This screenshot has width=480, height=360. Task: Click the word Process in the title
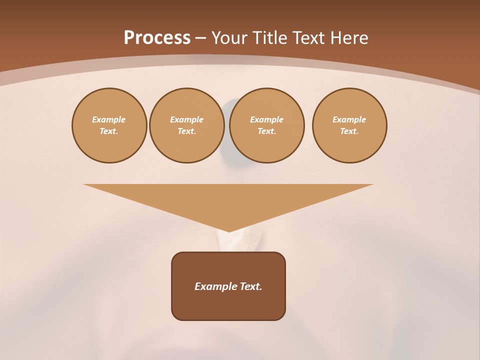pyautogui.click(x=157, y=38)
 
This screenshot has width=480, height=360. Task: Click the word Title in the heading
pyautogui.click(x=270, y=38)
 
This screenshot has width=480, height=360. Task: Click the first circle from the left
pyautogui.click(x=109, y=125)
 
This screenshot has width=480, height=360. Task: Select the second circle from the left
pyautogui.click(x=186, y=125)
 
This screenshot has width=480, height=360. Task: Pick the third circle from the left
pyautogui.click(x=266, y=125)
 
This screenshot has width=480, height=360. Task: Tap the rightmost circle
pyautogui.click(x=349, y=125)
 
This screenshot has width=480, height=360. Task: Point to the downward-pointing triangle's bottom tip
pyautogui.click(x=229, y=231)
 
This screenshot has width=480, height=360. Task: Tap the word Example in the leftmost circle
pyautogui.click(x=109, y=119)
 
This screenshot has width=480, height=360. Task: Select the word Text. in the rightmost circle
pyautogui.click(x=349, y=131)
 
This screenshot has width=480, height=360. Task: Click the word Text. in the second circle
pyautogui.click(x=186, y=131)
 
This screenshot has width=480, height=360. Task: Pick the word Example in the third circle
pyautogui.click(x=266, y=119)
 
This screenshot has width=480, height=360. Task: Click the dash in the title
pyautogui.click(x=200, y=38)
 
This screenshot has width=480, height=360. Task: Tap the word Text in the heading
pyautogui.click(x=308, y=38)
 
